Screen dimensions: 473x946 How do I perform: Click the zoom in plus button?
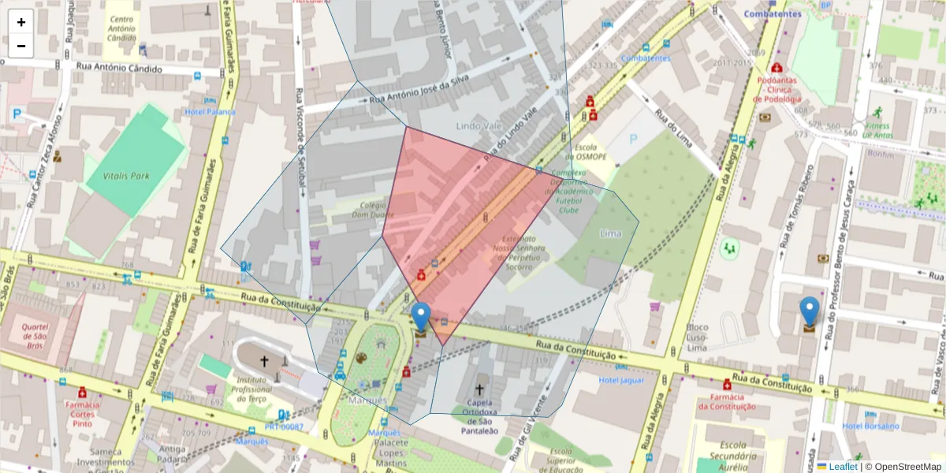[x=21, y=22]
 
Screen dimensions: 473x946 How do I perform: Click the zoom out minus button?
[x=21, y=46]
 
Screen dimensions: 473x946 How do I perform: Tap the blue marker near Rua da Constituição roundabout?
[x=422, y=318]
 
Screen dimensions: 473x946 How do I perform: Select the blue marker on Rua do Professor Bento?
[x=809, y=311]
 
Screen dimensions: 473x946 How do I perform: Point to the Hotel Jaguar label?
[x=622, y=380]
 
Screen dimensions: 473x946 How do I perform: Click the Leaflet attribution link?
[x=843, y=467]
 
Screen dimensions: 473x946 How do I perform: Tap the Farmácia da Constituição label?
[x=726, y=402]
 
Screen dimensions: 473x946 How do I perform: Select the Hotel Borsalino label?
[x=870, y=426]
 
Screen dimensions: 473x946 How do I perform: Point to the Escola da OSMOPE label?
[x=590, y=151]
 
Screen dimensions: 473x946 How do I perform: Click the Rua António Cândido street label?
[x=119, y=69]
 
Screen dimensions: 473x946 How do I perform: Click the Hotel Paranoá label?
[x=210, y=112]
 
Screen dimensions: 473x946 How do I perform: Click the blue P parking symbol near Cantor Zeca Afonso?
[x=17, y=114]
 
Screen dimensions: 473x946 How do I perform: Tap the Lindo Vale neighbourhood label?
[x=478, y=126]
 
